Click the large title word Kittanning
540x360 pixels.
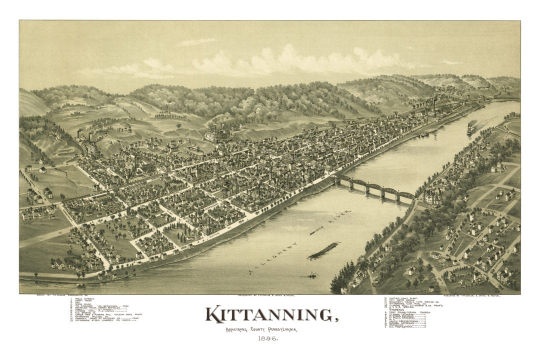[269, 315]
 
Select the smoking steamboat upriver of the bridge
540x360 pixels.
[471, 128]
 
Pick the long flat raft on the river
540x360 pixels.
[323, 250]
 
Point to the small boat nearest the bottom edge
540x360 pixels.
[312, 275]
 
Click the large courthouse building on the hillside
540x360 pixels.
[216, 133]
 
